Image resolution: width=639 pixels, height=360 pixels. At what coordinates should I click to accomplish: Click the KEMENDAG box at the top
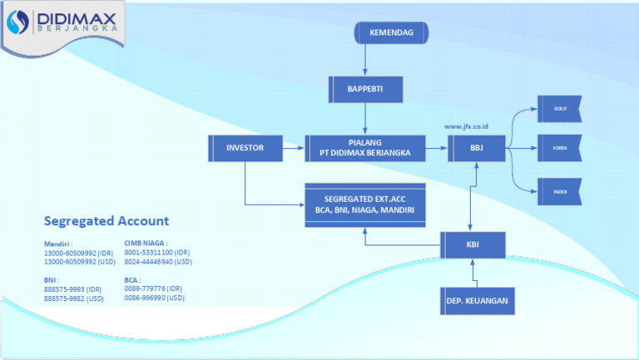coord(391,32)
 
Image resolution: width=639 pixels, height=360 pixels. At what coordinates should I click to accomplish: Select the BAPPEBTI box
coord(365,89)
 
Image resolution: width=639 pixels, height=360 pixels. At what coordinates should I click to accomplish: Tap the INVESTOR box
coord(245,148)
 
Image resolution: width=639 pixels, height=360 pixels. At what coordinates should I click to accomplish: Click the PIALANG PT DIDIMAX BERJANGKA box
coord(365,147)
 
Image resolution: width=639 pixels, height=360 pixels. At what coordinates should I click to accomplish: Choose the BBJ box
coord(476,148)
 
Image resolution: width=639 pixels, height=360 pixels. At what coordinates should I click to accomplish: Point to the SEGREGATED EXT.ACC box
coord(365,205)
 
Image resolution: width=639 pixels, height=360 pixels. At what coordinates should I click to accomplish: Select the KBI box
coord(473,244)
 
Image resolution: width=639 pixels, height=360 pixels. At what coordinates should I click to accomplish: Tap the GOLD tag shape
coord(559,108)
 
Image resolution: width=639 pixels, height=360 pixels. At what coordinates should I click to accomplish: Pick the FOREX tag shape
coord(559,148)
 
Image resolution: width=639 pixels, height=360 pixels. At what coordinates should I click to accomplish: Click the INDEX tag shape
coord(559,191)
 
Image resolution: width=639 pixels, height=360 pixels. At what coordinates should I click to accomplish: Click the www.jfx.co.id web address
coord(466,126)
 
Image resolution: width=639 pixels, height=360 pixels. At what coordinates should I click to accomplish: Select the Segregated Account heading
coord(106,221)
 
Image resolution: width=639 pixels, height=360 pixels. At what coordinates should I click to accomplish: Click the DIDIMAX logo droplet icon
coord(18,24)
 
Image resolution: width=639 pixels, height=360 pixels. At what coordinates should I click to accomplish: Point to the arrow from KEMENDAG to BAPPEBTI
coord(365,60)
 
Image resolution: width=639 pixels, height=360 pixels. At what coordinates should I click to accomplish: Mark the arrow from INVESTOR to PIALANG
coord(293,148)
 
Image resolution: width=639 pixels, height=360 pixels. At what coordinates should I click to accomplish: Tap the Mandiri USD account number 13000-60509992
coord(78,261)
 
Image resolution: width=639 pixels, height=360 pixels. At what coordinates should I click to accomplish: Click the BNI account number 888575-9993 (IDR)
coord(73,288)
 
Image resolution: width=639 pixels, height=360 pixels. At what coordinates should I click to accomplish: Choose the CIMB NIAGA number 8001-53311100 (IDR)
coord(158,252)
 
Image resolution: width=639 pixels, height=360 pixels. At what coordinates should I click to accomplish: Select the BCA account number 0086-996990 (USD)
coord(155,298)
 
